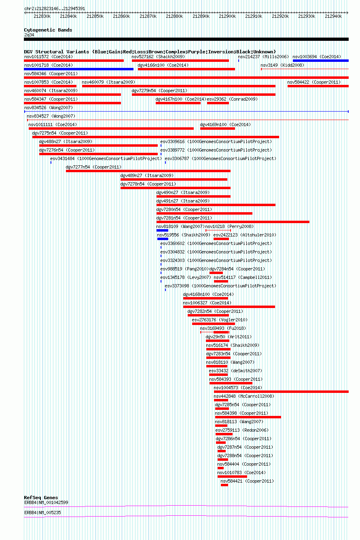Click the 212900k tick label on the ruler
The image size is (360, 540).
pyautogui.click(x=227, y=16)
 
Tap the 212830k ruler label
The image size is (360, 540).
pyautogui.click(x=42, y=16)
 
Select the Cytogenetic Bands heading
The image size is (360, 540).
pyautogui.click(x=48, y=30)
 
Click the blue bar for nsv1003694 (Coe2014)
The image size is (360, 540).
pyautogui.click(x=321, y=61)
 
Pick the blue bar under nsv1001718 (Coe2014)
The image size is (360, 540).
pyautogui.click(x=78, y=69)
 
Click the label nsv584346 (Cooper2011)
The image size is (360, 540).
pyautogui.click(x=51, y=74)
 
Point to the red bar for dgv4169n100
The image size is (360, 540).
pyautogui.click(x=217, y=129)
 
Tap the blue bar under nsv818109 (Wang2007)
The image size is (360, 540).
pyautogui.click(x=162, y=230)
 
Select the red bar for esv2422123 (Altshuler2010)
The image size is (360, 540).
pyautogui.click(x=221, y=239)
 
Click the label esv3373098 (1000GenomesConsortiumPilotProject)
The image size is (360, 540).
pyautogui.click(x=220, y=286)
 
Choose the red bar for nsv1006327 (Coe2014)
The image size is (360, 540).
pyautogui.click(x=229, y=307)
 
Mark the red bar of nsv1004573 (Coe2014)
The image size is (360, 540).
pyautogui.click(x=281, y=392)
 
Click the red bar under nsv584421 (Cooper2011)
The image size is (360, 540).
pyautogui.click(x=224, y=485)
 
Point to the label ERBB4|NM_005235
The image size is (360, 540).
pyautogui.click(x=42, y=513)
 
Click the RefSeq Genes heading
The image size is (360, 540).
pyautogui.click(x=41, y=498)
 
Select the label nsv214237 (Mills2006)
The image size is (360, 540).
pyautogui.click(x=263, y=57)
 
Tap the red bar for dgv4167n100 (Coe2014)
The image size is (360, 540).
pyautogui.click(x=178, y=103)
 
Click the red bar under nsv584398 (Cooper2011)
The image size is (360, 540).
pyautogui.click(x=248, y=417)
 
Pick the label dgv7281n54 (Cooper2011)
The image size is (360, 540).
pyautogui.click(x=184, y=218)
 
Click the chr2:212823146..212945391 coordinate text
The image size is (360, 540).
pyautogui.click(x=55, y=8)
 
